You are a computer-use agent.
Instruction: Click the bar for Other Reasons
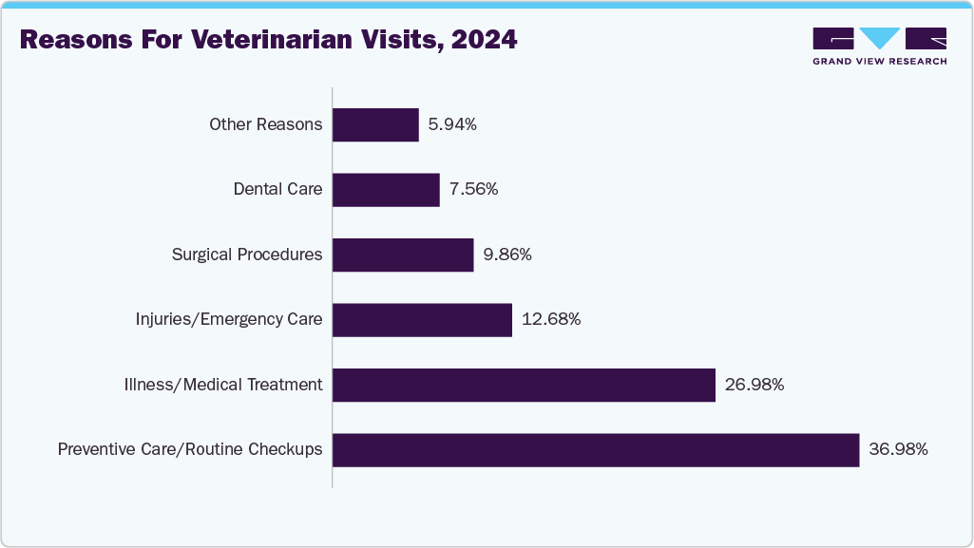pos(375,124)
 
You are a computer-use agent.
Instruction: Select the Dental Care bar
pos(386,190)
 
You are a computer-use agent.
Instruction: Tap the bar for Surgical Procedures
pos(403,255)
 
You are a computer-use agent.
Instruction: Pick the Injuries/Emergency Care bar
pos(422,320)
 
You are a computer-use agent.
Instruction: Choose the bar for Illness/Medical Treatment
pos(524,385)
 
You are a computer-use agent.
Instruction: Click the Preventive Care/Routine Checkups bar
pos(596,450)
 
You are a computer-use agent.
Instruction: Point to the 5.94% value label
pos(452,124)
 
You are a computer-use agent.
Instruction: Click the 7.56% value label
pos(473,190)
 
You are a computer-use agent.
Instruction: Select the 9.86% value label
pos(507,255)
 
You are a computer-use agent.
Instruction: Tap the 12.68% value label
pos(551,320)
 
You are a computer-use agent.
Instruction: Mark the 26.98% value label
pos(754,385)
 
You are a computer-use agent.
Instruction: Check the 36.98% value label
pos(898,450)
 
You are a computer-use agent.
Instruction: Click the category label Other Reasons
pos(266,124)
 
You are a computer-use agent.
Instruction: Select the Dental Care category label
pos(277,190)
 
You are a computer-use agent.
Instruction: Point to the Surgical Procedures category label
pos(247,255)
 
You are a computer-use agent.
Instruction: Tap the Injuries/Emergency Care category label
pos(229,320)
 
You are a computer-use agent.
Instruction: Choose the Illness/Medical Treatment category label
pos(223,385)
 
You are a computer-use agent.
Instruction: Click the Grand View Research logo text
pos(879,61)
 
